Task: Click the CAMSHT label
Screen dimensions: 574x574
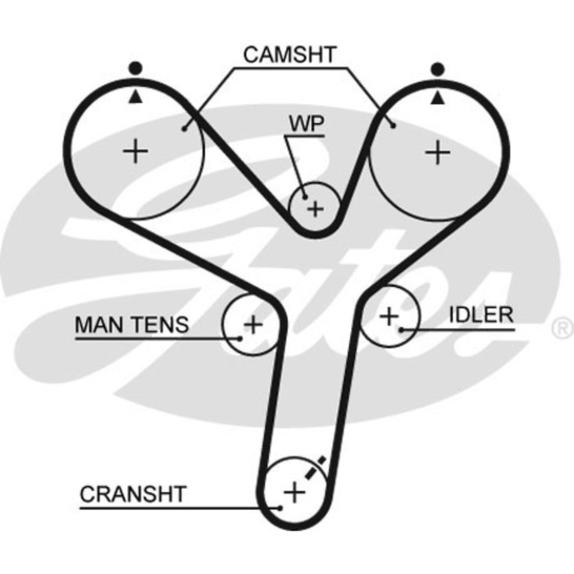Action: pos(289,54)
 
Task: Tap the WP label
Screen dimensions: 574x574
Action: pos(306,123)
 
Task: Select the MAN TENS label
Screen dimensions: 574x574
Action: pos(131,324)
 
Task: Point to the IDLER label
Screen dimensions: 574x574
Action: pos(481,314)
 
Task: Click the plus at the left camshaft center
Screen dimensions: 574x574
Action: pos(136,151)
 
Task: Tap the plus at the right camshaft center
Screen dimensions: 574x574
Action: pos(440,152)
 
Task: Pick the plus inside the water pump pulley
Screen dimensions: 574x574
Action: pos(316,208)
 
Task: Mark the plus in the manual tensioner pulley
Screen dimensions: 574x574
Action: pos(253,323)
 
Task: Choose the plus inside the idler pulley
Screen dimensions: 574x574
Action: pos(389,314)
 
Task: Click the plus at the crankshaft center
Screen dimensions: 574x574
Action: pos(293,492)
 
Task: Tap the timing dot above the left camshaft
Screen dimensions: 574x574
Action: pos(134,68)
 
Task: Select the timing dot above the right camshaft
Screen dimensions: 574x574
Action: pos(440,68)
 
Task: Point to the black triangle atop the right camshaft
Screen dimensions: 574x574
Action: pos(440,96)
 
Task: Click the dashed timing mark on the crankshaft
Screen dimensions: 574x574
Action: pos(316,467)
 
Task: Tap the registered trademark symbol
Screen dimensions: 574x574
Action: pos(563,329)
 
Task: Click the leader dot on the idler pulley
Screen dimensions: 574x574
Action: pos(401,330)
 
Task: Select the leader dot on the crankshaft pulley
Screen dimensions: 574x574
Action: pos(281,507)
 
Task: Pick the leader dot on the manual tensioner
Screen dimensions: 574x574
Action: pos(240,336)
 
